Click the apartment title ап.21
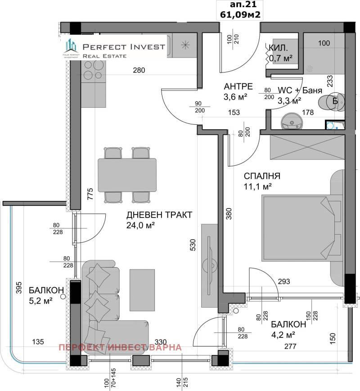tap(239, 5)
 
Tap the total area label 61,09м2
tap(239, 14)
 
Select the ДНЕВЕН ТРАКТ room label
tap(159, 215)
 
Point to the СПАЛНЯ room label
tap(262, 176)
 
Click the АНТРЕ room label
tap(238, 86)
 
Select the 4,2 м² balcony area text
tap(283, 334)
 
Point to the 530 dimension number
tap(193, 245)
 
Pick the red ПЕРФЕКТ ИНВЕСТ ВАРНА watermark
tap(120, 347)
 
